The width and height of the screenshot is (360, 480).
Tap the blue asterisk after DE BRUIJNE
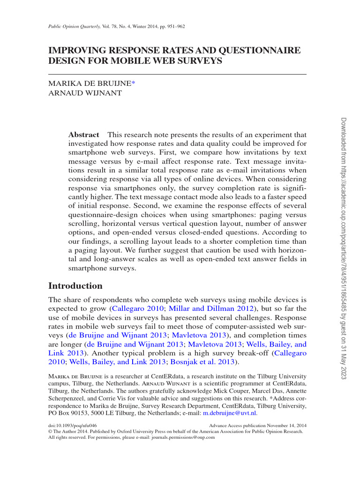coord(133,83)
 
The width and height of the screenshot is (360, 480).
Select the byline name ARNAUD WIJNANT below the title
coord(85,93)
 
